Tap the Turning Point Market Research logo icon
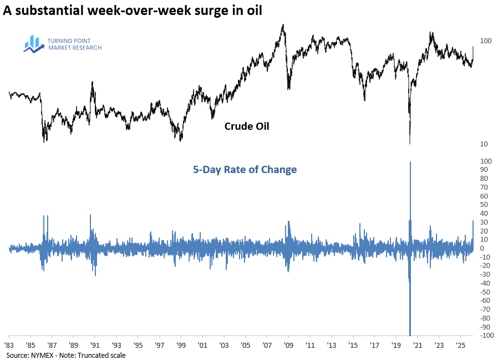click(x=34, y=44)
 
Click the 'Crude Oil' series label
click(x=246, y=126)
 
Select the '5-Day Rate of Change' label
click(x=245, y=170)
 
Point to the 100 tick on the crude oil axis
click(x=486, y=41)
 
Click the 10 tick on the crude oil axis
click(x=484, y=144)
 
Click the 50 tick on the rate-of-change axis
click(x=484, y=205)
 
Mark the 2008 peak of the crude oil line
click(x=283, y=25)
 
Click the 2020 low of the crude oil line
click(x=410, y=143)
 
